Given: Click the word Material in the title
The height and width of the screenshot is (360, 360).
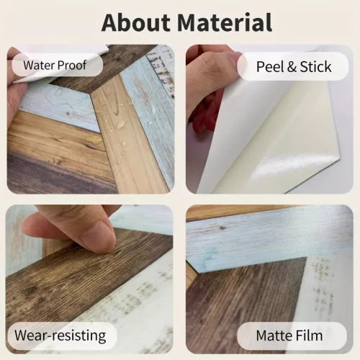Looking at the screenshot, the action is (x=225, y=22).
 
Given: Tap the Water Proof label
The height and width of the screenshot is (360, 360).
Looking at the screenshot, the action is (x=58, y=65).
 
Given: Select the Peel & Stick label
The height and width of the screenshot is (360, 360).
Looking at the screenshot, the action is (x=293, y=66).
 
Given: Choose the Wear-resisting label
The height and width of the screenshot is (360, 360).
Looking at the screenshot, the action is (x=60, y=336).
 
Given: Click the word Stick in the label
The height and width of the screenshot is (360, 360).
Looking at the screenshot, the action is (x=315, y=66).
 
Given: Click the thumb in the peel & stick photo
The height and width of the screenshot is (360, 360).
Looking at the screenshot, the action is (x=211, y=63).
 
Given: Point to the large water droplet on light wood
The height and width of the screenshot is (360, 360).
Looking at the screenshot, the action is (x=120, y=125).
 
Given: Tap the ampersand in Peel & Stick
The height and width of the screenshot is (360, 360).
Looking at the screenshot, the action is (x=292, y=67).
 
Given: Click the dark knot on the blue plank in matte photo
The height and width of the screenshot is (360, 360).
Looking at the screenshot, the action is (x=222, y=228).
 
